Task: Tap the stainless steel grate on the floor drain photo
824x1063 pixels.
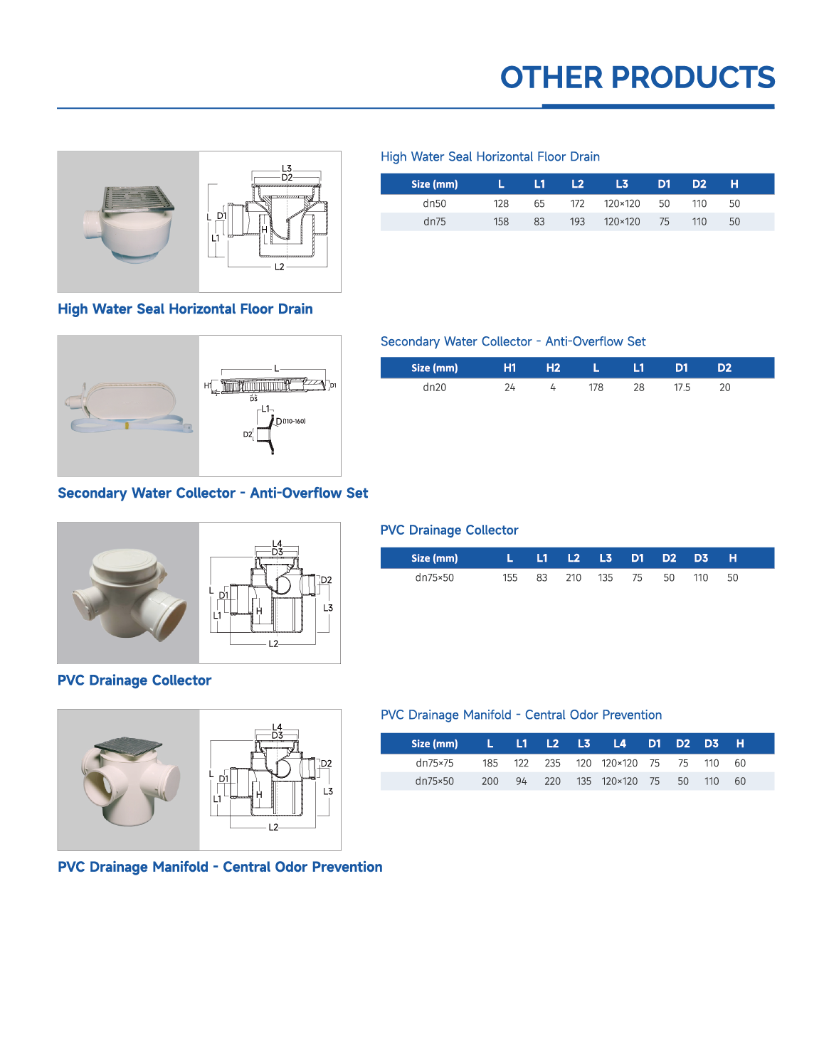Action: (x=138, y=198)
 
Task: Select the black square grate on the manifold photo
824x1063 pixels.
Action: (x=129, y=746)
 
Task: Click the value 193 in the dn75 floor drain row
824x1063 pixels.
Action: (x=577, y=222)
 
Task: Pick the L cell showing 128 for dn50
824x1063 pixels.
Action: (x=501, y=203)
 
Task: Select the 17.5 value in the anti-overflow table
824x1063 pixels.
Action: (x=682, y=388)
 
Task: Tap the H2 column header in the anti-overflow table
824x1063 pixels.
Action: (x=553, y=368)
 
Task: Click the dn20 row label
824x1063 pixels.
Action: (x=434, y=388)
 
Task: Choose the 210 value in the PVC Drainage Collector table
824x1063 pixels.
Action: (x=574, y=578)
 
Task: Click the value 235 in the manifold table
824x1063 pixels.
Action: (x=552, y=763)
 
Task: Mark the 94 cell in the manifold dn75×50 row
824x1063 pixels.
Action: (x=521, y=781)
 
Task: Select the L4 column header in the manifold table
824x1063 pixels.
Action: (x=619, y=744)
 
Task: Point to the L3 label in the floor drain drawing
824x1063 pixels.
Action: (x=286, y=169)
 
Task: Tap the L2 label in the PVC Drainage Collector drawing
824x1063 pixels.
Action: (x=273, y=643)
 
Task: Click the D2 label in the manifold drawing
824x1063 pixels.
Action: (x=326, y=764)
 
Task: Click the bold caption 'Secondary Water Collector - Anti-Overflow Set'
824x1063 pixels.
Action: (x=213, y=493)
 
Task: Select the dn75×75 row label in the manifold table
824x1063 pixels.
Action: (x=434, y=763)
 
